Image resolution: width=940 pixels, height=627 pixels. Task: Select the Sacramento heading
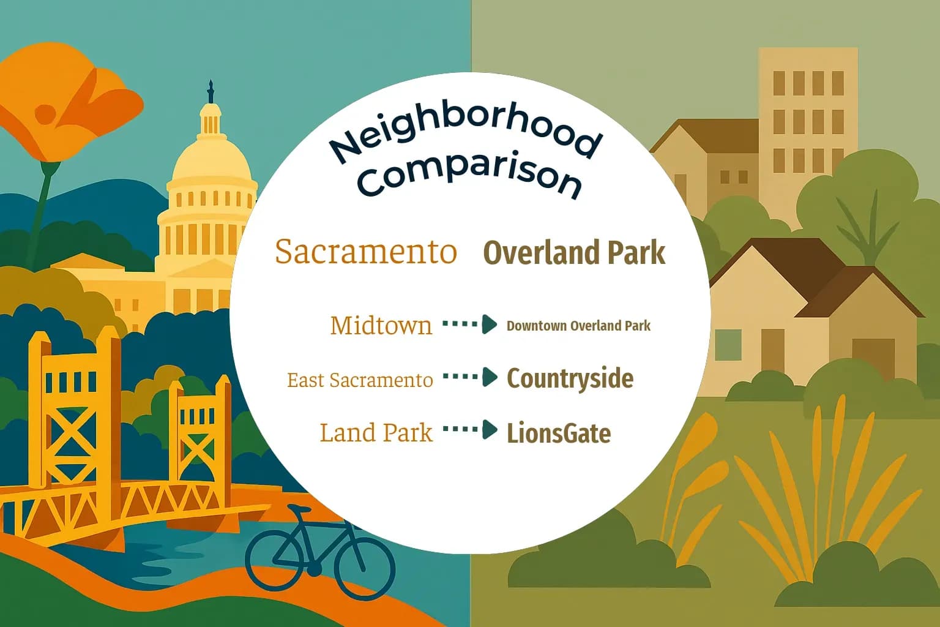pos(366,252)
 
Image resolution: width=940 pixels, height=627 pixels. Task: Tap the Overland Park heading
pos(574,253)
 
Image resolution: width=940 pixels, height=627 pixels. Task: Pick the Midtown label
pos(381,325)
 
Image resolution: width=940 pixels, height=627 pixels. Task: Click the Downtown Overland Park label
pos(578,326)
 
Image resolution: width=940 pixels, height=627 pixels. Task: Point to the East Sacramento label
pos(360,380)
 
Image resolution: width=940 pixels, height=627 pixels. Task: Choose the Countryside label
pos(570,378)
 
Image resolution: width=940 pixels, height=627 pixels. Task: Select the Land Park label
pos(376,433)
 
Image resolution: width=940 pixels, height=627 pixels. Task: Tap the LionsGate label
pos(559,434)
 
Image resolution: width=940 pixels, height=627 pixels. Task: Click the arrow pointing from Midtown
pos(470,324)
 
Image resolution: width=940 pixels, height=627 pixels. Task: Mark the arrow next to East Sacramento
pos(470,377)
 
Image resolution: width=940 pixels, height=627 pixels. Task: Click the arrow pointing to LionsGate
pos(470,430)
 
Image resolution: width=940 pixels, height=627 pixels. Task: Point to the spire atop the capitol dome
pos(211,92)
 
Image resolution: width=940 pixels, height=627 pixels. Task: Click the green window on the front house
pos(728,345)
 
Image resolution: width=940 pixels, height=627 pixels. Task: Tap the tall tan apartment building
pos(808,116)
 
